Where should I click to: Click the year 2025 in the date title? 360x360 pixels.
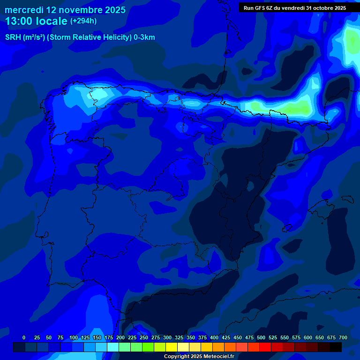click(112, 10)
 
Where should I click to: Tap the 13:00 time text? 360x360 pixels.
click(18, 21)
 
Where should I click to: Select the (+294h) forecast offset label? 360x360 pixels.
click(83, 21)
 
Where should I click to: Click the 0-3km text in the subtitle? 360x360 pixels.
click(144, 37)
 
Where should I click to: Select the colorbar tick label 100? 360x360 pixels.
click(74, 337)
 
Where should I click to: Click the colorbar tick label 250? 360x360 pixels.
click(144, 337)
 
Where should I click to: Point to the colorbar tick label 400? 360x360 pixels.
click(214, 337)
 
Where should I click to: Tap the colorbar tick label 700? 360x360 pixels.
click(343, 337)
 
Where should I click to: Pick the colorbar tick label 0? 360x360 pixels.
click(24, 337)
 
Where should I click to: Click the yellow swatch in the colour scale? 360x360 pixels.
click(172, 347)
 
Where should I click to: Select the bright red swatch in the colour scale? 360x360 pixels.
click(265, 347)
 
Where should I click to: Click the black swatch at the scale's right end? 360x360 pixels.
click(336, 347)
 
